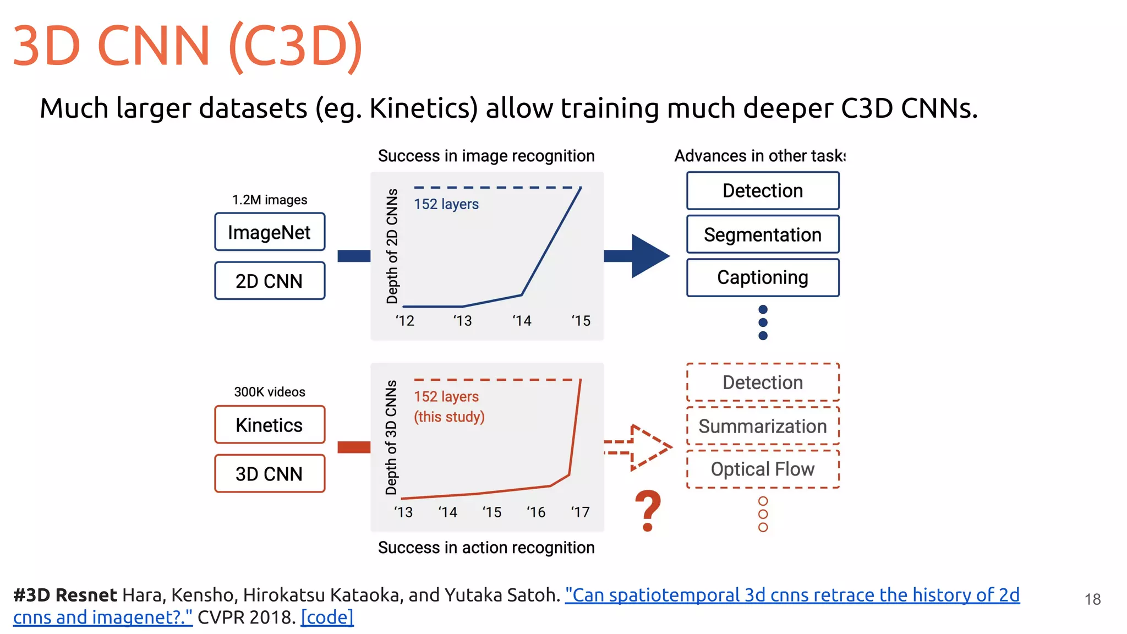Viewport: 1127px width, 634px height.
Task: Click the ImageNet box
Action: [270, 232]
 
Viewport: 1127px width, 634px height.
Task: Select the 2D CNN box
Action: [270, 281]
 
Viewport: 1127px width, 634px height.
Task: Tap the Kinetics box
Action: [270, 425]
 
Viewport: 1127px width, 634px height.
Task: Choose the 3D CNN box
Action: [270, 473]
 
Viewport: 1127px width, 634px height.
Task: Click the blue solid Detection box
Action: [763, 190]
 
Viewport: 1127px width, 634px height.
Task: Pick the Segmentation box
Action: [763, 234]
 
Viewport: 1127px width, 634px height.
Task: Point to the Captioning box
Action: [763, 277]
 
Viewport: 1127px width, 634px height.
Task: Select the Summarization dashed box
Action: [763, 426]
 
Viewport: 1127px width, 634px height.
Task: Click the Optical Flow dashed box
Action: [763, 469]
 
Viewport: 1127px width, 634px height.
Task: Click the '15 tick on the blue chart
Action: [581, 321]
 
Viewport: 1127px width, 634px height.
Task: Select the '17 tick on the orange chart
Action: [580, 512]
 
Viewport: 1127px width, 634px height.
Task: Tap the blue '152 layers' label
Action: [446, 204]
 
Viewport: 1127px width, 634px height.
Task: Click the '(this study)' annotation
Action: [449, 417]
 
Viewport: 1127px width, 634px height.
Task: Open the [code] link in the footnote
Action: [327, 617]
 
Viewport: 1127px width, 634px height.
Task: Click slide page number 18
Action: [1092, 599]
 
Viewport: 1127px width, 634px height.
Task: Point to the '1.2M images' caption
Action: [270, 200]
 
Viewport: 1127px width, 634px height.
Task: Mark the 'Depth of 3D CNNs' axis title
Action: [391, 438]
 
